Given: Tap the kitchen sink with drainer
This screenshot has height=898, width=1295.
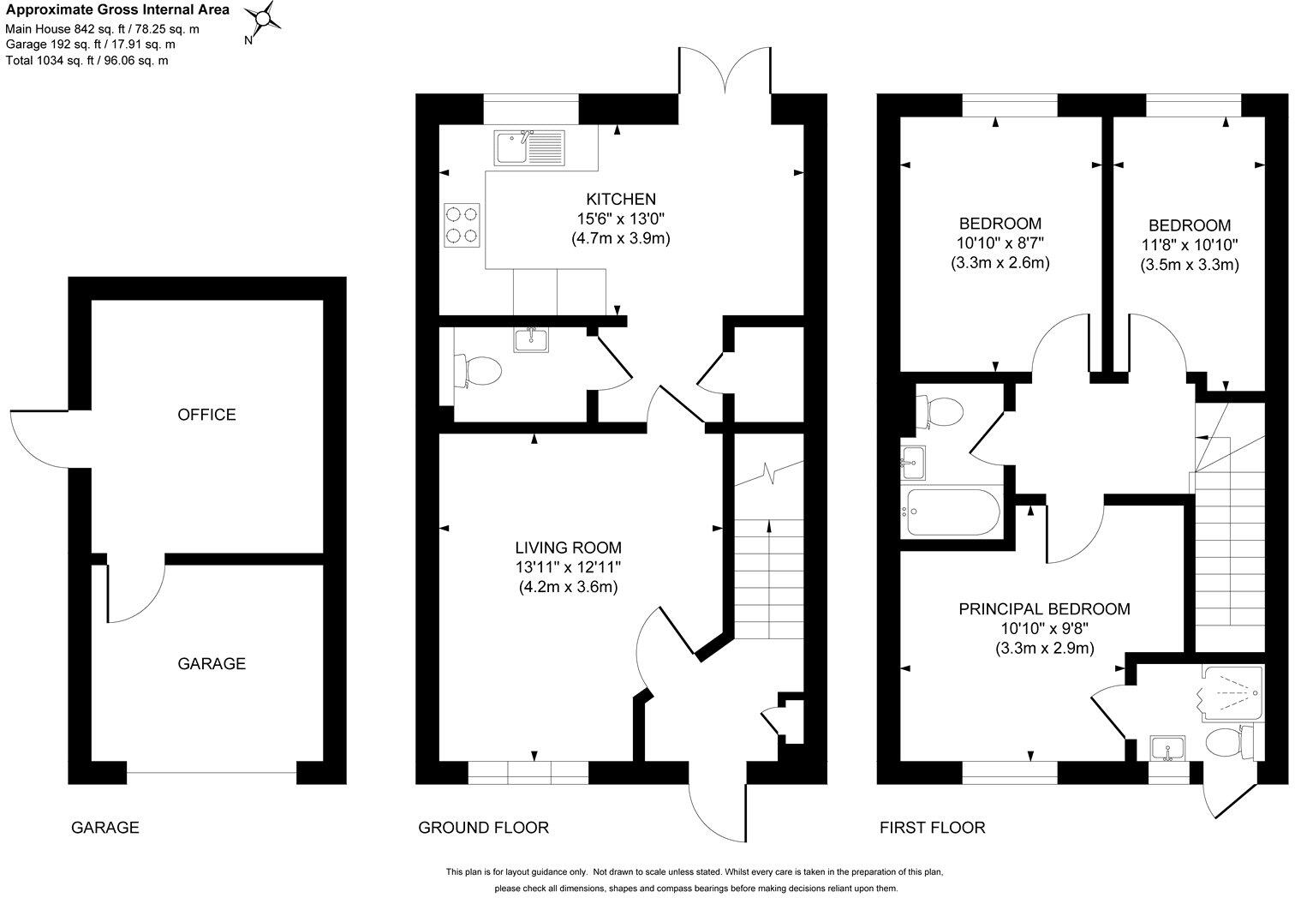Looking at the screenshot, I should point(528,147).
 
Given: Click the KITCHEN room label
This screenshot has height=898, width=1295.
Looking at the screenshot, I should point(621,200).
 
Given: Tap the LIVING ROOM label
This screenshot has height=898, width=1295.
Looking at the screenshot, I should point(568,548).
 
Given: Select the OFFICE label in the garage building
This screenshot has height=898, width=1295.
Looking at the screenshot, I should point(206,415).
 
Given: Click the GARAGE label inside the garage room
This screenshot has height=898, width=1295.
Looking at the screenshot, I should point(212,663).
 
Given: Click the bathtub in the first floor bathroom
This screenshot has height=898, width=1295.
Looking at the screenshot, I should point(951,513).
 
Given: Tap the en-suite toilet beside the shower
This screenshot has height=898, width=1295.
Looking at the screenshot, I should point(1229,742).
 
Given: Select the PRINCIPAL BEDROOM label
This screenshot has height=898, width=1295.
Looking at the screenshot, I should point(1044,609).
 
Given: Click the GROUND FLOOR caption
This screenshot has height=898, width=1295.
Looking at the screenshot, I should point(483,827).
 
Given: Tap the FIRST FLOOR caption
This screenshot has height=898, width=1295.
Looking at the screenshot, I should point(933,827).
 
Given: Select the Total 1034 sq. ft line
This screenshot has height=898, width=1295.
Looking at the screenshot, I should point(87,60).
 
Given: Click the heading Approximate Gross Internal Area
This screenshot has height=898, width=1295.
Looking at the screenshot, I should point(116,10).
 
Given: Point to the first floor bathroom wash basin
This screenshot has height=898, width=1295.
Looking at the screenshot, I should point(913,464).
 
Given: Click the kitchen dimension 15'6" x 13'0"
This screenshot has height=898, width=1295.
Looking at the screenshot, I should point(621,219).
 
